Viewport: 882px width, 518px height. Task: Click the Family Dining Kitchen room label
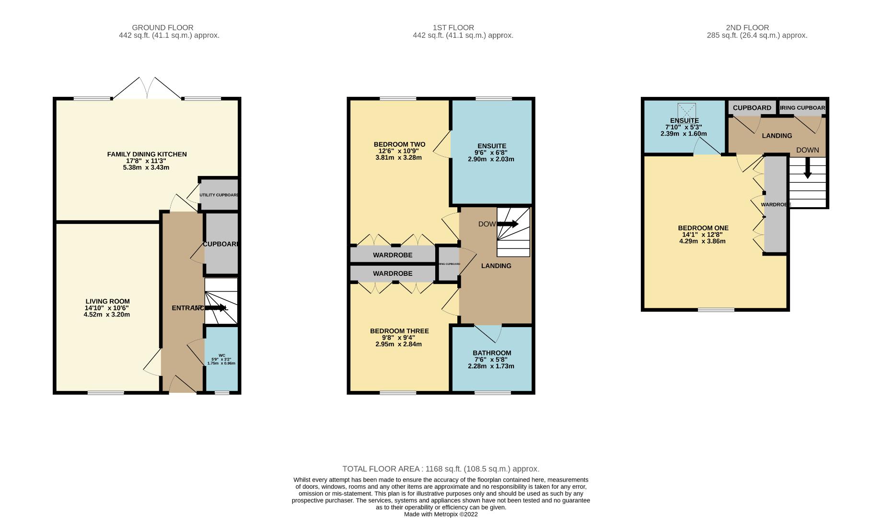(147, 154)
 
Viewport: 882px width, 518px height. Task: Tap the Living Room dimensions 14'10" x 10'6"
(106, 308)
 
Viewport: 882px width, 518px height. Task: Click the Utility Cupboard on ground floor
(219, 195)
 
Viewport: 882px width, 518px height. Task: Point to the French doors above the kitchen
(147, 89)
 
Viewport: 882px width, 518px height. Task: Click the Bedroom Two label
(399, 144)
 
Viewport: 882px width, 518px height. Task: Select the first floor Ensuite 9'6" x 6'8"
(491, 153)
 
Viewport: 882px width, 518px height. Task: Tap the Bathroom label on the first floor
(492, 353)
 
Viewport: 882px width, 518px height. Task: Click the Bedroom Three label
(399, 331)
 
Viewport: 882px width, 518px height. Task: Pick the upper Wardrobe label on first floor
(393, 255)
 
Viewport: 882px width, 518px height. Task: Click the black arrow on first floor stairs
(508, 224)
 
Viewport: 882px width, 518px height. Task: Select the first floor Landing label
(496, 266)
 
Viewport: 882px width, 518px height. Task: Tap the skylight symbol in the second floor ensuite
(686, 111)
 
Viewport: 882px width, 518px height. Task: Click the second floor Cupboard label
(752, 108)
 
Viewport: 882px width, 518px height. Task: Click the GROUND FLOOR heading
(162, 28)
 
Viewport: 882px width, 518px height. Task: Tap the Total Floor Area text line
(441, 469)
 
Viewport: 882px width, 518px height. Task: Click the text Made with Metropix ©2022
(441, 514)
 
